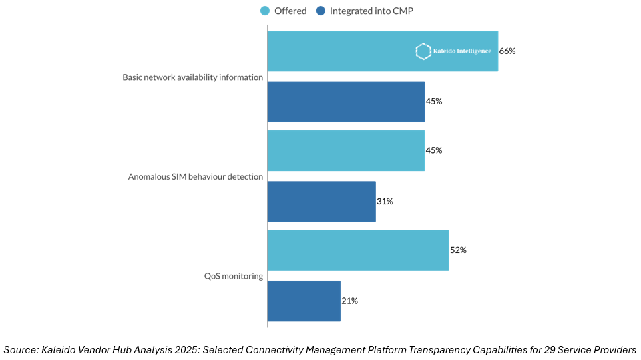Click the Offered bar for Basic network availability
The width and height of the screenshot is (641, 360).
tap(346, 51)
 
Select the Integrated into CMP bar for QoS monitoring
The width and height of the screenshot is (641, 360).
tap(304, 301)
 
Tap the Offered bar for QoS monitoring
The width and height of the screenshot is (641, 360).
tap(358, 250)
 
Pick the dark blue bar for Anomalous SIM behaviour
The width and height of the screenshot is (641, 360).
tap(321, 201)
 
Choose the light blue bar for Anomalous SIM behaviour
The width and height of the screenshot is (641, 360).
tap(346, 150)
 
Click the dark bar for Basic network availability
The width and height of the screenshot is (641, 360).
tap(346, 102)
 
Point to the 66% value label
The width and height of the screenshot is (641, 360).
tap(507, 51)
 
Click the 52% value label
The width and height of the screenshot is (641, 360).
tap(458, 250)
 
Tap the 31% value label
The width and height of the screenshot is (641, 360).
tap(385, 201)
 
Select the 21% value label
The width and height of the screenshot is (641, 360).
tap(349, 301)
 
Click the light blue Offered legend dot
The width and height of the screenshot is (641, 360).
tap(264, 11)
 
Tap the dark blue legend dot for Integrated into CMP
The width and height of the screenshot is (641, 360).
tap(321, 11)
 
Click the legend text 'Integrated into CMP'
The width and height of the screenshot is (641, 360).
tap(371, 11)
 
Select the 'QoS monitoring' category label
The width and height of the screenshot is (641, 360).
tap(234, 276)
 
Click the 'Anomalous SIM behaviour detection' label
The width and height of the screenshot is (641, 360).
tap(196, 176)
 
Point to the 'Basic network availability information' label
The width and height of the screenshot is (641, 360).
tap(193, 77)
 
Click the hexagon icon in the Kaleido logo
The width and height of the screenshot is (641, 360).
tap(422, 51)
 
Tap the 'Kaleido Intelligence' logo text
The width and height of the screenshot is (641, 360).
tap(462, 51)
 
